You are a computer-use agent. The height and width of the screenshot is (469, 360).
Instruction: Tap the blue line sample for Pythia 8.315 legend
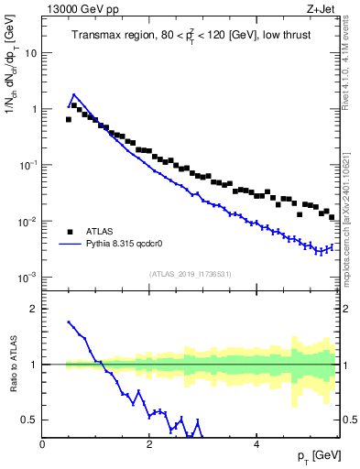tap(71, 245)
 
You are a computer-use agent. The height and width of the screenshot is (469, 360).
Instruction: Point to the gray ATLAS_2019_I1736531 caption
tap(191, 274)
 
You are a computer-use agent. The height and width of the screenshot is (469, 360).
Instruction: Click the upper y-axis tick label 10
tap(30, 52)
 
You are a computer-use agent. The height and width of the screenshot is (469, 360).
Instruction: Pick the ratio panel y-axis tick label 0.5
tap(30, 420)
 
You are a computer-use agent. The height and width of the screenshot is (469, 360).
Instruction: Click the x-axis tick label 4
tap(256, 445)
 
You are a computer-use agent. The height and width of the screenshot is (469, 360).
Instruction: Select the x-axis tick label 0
tap(42, 445)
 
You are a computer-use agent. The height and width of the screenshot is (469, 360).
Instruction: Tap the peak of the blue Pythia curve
tap(74, 94)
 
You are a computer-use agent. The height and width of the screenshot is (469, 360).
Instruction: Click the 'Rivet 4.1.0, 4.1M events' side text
tap(351, 73)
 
